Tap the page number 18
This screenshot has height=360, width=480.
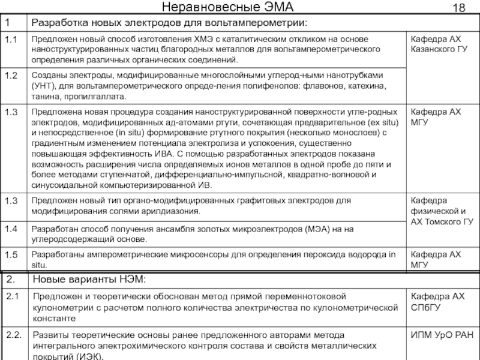coord(459,8)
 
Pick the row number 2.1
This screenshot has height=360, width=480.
coord(13,297)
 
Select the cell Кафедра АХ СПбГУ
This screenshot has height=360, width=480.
coord(437,302)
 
